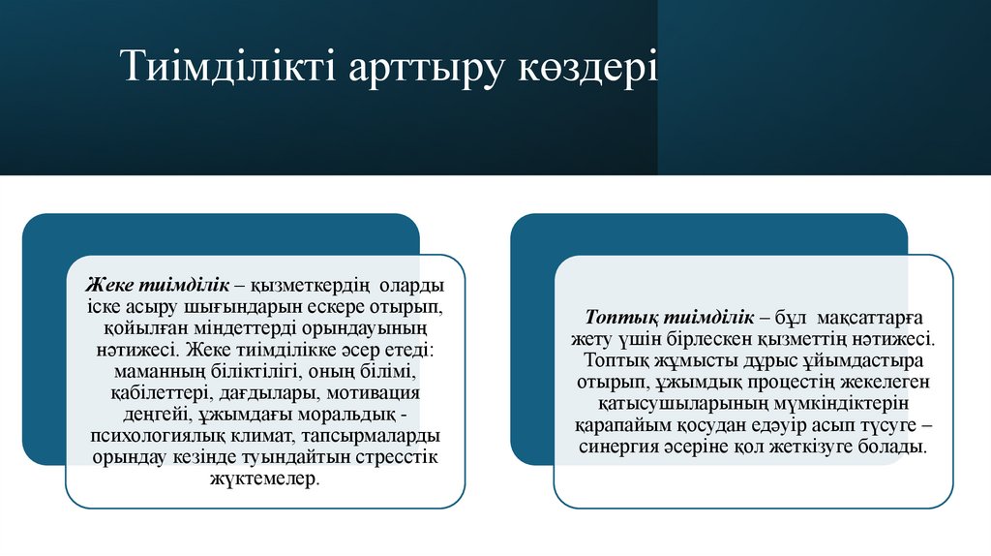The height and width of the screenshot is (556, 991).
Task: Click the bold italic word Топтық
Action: tap(619, 319)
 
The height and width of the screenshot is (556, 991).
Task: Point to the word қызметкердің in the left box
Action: tap(312, 287)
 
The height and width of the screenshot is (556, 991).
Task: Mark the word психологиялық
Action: tap(154, 437)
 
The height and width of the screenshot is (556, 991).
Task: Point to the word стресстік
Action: tap(391, 458)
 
